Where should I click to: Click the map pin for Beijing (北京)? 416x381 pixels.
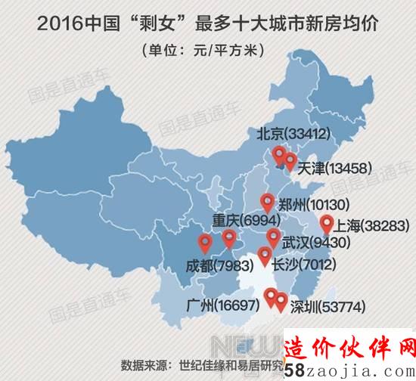tap(279, 156)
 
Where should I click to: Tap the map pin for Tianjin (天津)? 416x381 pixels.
tap(290, 160)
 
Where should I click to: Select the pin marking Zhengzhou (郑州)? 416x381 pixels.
tap(267, 202)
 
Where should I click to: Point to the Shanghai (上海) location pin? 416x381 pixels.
tap(326, 223)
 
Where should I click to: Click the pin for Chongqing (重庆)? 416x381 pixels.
tap(229, 239)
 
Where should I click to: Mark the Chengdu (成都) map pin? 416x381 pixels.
tap(204, 243)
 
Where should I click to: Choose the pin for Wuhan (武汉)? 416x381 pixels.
tap(273, 237)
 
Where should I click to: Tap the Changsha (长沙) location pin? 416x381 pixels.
tap(264, 255)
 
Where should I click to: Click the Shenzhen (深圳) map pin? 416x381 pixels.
tap(281, 302)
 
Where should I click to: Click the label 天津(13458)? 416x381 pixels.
tap(335, 167)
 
